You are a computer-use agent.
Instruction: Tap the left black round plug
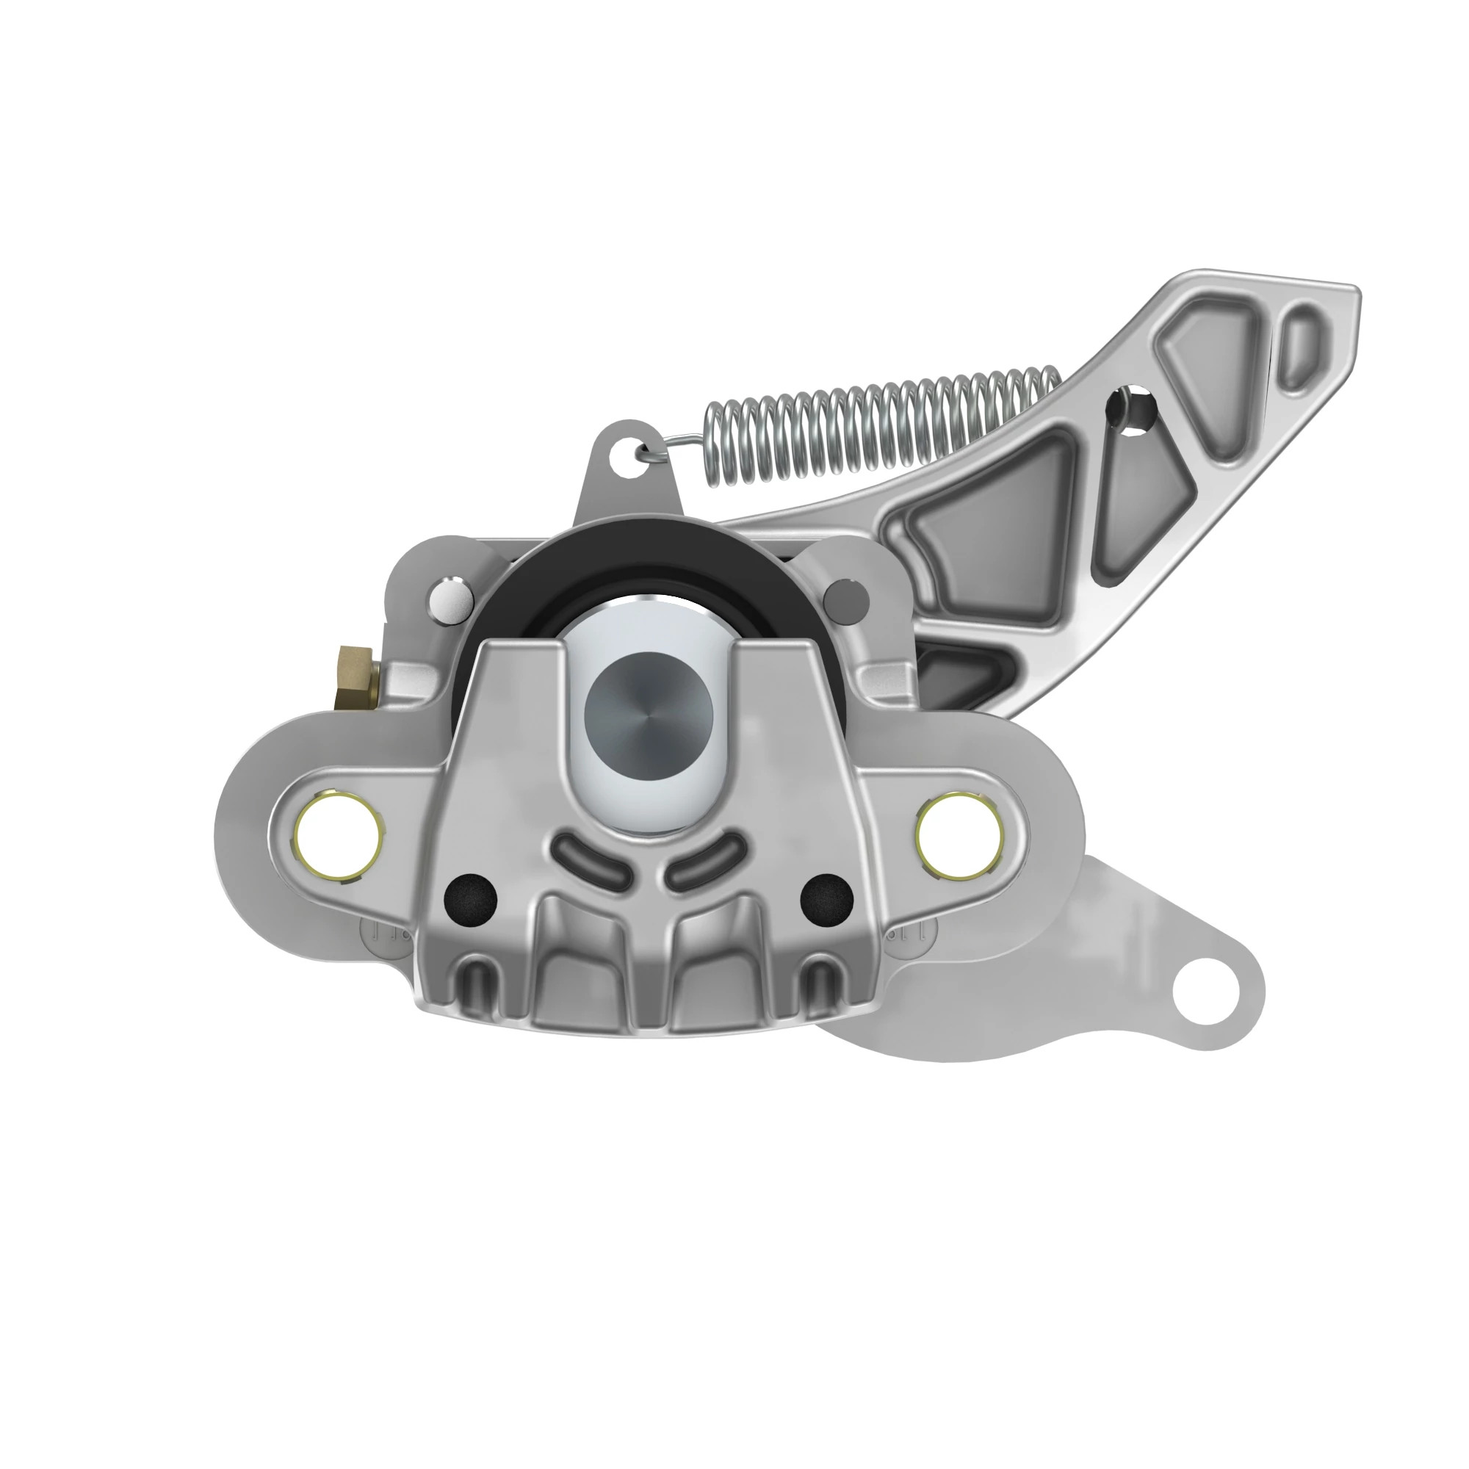[470, 898]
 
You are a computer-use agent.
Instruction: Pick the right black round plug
[827, 898]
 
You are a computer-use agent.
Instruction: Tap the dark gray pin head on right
[845, 598]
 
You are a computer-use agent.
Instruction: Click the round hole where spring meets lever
[1133, 411]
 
